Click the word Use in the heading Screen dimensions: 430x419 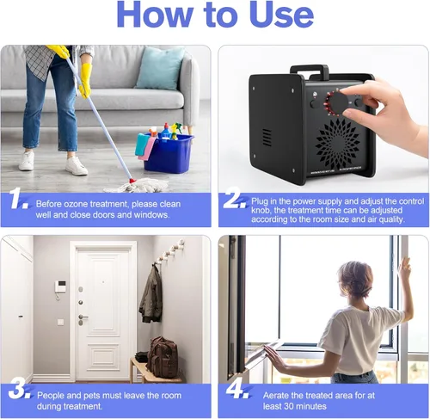tap(281, 15)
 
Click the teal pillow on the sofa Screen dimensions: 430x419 tap(160, 68)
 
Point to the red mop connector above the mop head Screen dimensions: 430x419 tap(132, 181)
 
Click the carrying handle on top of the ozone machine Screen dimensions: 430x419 tap(309, 70)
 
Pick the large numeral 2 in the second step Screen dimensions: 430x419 tap(234, 197)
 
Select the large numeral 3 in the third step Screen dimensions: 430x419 tap(18, 388)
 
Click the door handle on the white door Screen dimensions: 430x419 tap(83, 317)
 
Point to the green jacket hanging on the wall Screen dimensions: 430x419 tap(150, 294)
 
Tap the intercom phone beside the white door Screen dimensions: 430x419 tap(61, 288)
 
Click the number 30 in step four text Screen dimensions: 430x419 tap(290, 406)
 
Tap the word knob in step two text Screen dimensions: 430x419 tap(260, 210)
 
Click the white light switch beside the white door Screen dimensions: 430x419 tap(60, 322)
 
